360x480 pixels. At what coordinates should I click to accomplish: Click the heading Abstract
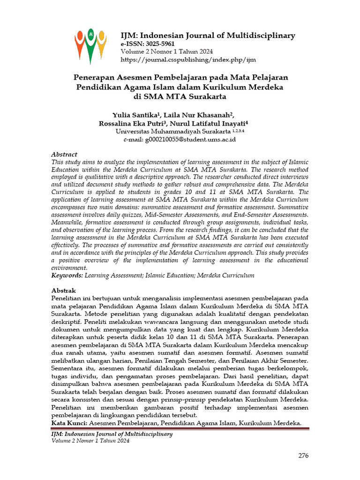pyautogui.click(x=64, y=154)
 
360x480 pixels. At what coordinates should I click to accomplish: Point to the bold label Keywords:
pyautogui.click(x=67, y=276)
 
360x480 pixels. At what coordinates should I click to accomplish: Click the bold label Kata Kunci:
pyautogui.click(x=69, y=423)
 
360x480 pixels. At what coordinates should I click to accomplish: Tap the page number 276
pyautogui.click(x=304, y=456)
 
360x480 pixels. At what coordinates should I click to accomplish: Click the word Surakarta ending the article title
pyautogui.click(x=205, y=97)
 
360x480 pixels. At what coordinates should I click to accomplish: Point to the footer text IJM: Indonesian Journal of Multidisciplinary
pyautogui.click(x=112, y=434)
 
